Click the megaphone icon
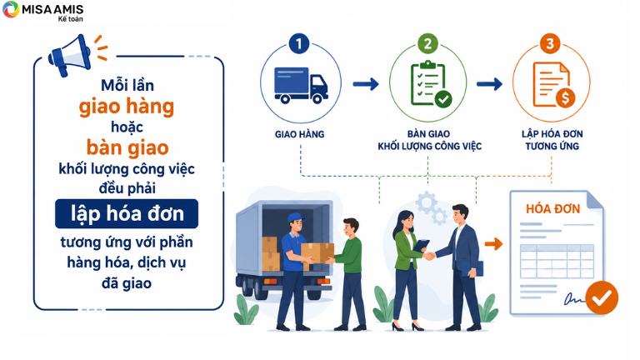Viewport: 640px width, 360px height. pyautogui.click(x=70, y=56)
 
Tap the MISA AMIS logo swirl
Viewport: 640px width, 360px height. pyautogui.click(x=11, y=9)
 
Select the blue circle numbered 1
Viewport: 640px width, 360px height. pyautogui.click(x=299, y=43)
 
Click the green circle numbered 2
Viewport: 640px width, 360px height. pyautogui.click(x=427, y=43)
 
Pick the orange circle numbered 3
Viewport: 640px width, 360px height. pyautogui.click(x=550, y=43)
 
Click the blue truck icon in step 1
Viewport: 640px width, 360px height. pyautogui.click(x=301, y=85)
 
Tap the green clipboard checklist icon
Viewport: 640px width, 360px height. pyautogui.click(x=431, y=84)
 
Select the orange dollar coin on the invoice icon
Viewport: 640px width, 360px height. pyautogui.click(x=565, y=98)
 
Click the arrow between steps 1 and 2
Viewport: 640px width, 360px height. pyautogui.click(x=366, y=84)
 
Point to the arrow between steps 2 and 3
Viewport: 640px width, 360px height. pyautogui.click(x=489, y=84)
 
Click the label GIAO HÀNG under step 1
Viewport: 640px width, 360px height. pyautogui.click(x=300, y=134)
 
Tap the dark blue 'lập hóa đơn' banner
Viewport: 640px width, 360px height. pyautogui.click(x=127, y=214)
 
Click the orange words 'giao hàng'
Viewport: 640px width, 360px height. pyautogui.click(x=127, y=107)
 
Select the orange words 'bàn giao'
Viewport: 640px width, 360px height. pyautogui.click(x=127, y=147)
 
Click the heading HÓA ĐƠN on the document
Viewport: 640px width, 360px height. pyautogui.click(x=553, y=209)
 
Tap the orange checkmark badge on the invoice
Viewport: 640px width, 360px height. pyautogui.click(x=602, y=297)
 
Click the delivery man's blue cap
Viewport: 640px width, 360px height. pyautogui.click(x=296, y=218)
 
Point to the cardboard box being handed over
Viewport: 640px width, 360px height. pyautogui.click(x=317, y=253)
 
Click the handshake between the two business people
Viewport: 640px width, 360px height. pyautogui.click(x=428, y=256)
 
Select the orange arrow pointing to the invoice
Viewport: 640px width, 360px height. pyautogui.click(x=494, y=243)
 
